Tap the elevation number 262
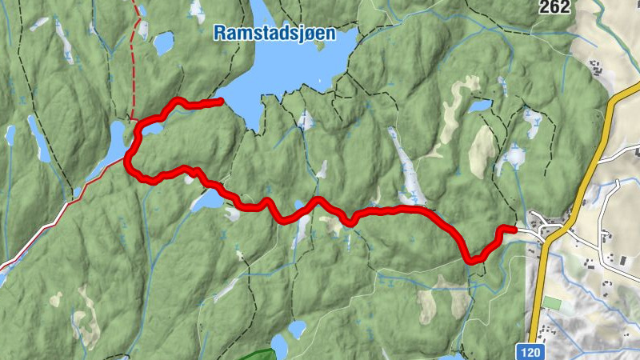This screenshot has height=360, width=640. (x=554, y=7)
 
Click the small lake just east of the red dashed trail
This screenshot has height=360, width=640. (x=163, y=42)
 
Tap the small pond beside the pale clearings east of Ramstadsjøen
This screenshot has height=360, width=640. (x=480, y=106)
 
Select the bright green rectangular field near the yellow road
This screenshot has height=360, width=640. (x=553, y=304)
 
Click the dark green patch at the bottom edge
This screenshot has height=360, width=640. (x=258, y=355)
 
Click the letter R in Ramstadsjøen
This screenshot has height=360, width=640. (x=218, y=34)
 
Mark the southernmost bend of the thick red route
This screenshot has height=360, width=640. (x=473, y=259)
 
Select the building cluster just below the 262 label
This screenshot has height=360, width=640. (x=595, y=67)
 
